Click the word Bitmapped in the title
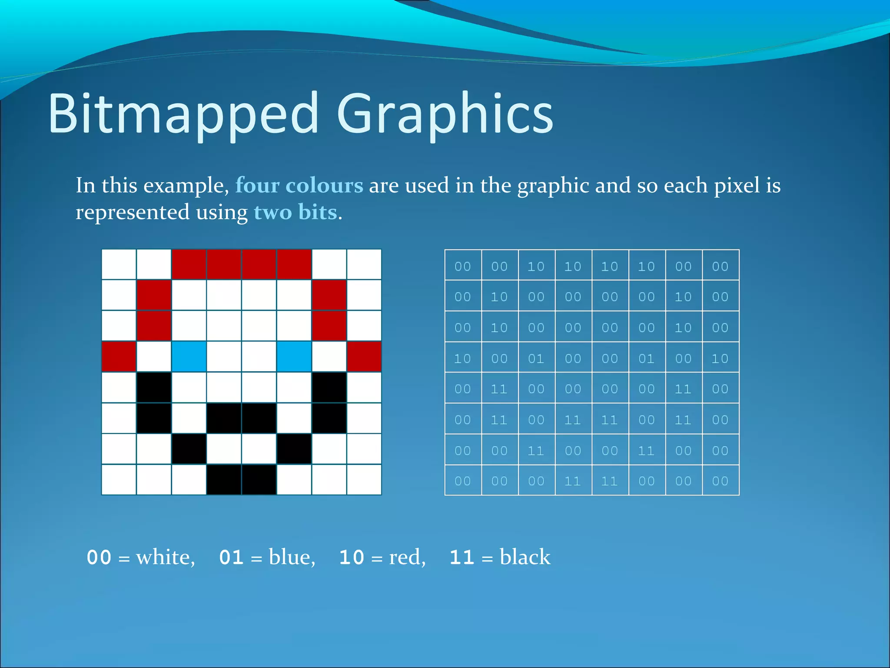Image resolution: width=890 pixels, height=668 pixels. click(x=183, y=114)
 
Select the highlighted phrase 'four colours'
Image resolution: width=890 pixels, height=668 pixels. click(x=299, y=186)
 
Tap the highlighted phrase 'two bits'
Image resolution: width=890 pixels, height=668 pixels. click(x=296, y=213)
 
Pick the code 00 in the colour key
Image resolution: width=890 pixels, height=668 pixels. click(x=99, y=558)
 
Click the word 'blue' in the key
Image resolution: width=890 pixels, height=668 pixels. click(x=291, y=558)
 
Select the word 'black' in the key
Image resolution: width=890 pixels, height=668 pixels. click(x=525, y=558)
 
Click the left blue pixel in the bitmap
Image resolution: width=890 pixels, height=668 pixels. click(x=189, y=357)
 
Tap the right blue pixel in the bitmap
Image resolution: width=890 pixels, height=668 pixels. click(x=294, y=357)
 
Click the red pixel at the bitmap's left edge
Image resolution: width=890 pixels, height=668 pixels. click(x=119, y=357)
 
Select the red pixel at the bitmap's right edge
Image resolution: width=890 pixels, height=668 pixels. click(x=364, y=357)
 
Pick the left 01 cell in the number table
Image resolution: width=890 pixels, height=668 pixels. click(x=536, y=358)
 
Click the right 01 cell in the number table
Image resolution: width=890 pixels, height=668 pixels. click(x=646, y=358)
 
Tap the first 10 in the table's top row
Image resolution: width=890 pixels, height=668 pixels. click(x=536, y=266)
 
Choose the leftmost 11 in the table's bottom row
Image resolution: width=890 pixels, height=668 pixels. click(x=572, y=481)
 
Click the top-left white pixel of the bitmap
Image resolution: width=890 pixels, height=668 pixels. click(x=119, y=264)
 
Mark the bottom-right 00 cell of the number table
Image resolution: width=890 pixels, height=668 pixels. click(x=720, y=481)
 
